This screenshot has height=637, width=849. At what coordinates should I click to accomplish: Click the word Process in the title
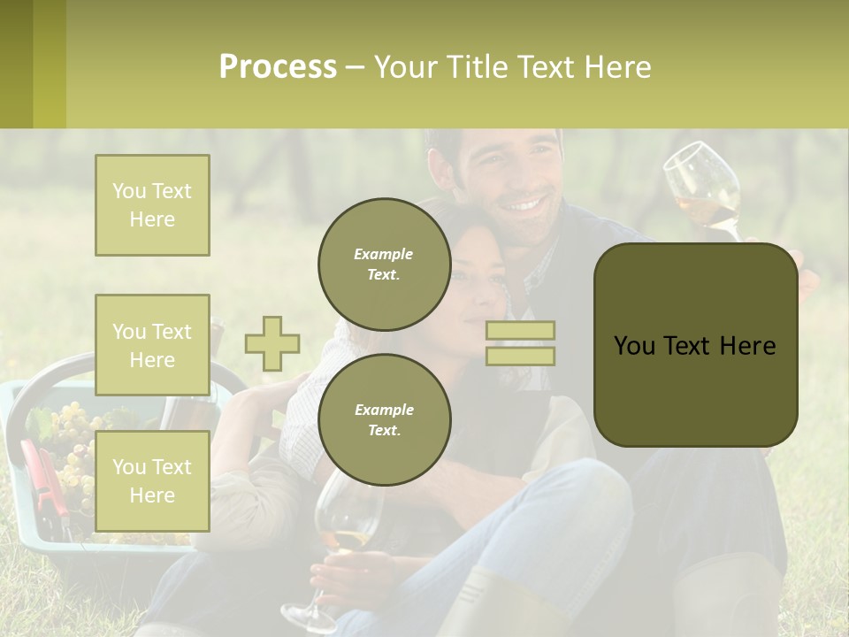click(278, 67)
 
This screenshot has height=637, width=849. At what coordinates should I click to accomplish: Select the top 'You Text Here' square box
click(152, 205)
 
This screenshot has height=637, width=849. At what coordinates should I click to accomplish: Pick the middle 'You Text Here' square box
click(152, 345)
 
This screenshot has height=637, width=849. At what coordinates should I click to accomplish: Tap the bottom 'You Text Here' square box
click(152, 481)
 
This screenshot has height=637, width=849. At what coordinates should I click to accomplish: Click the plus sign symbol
click(272, 343)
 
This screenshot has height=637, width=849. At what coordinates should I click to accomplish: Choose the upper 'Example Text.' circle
click(384, 264)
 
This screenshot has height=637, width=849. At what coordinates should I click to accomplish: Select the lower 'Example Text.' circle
click(384, 419)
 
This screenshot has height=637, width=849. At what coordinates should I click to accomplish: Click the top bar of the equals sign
click(520, 331)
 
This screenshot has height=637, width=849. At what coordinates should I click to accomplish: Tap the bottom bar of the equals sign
click(520, 356)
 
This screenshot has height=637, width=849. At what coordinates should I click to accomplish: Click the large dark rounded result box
click(695, 345)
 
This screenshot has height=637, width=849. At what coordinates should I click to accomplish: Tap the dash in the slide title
click(356, 67)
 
